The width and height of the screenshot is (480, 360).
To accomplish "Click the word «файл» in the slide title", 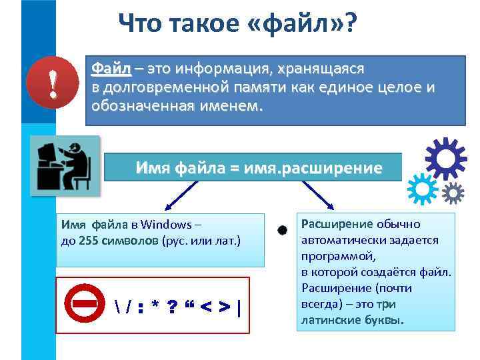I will coord(303,25).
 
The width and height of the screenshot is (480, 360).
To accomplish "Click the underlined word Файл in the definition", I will coord(112,69).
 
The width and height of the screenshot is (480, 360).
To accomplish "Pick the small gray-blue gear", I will coord(453,193).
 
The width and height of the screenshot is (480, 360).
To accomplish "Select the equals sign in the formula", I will coord(234,168).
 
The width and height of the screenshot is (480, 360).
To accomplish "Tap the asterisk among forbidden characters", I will coord(155,307).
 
